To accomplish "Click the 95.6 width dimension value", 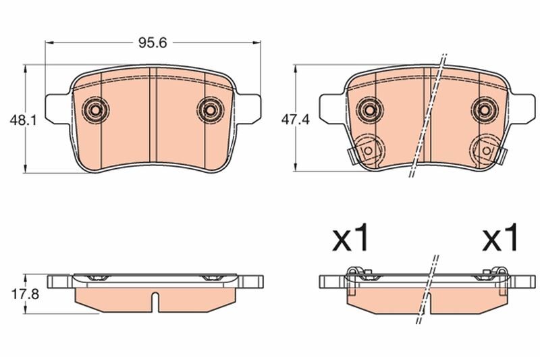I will [x=153, y=43].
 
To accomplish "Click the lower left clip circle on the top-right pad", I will [x=369, y=149].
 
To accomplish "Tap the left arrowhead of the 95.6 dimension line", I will [x=49, y=43].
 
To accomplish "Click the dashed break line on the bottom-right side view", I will [x=429, y=284].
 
